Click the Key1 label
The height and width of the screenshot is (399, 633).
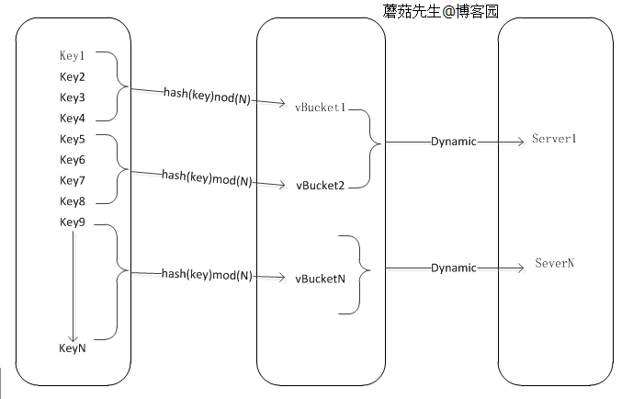[x=73, y=55]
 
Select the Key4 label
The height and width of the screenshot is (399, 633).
[x=73, y=119]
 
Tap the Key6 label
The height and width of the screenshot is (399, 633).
[x=73, y=160]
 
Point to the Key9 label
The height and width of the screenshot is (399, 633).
[x=73, y=222]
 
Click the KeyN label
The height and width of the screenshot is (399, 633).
[x=73, y=348]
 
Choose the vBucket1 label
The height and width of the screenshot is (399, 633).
[x=320, y=108]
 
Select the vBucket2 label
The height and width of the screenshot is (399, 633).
[x=320, y=186]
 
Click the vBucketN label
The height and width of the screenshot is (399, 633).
[x=320, y=279]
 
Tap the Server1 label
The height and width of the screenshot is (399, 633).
[x=554, y=139]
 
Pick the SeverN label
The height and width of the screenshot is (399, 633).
[x=554, y=263]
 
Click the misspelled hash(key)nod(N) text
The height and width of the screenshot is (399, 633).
[x=207, y=96]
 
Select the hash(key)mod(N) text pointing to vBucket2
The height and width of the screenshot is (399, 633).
[x=207, y=178]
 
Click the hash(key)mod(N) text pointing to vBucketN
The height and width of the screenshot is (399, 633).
[x=207, y=275]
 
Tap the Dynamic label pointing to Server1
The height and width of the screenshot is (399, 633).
[x=454, y=142]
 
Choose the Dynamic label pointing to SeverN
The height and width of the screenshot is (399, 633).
[x=454, y=268]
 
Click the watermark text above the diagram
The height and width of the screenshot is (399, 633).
[x=441, y=11]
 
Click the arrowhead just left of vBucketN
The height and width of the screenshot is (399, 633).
[x=281, y=278]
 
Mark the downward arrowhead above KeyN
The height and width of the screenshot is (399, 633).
[x=73, y=337]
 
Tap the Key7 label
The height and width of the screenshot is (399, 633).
[x=73, y=180]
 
